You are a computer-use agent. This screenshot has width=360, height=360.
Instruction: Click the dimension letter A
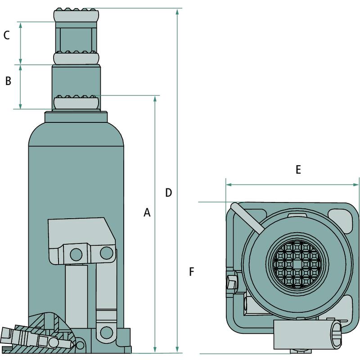click(147, 212)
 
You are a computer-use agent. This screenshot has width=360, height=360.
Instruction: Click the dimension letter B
click(8, 81)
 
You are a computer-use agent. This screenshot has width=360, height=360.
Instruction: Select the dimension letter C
click(6, 36)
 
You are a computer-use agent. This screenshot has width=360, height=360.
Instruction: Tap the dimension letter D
click(168, 193)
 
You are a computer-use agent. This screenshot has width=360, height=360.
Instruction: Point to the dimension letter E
click(298, 170)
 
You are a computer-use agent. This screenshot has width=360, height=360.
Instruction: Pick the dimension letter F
click(192, 272)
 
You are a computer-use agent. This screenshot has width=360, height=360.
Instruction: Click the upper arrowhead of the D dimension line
click(177, 12)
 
